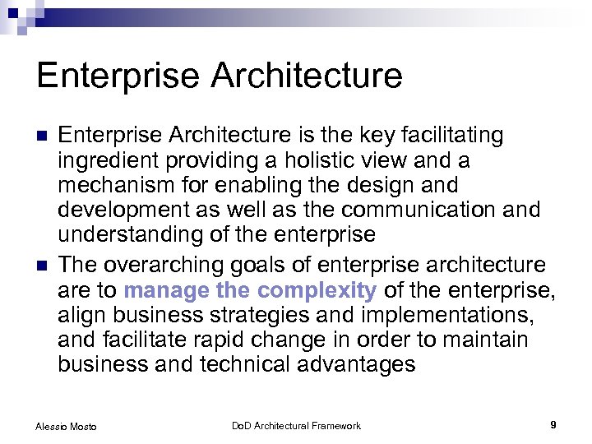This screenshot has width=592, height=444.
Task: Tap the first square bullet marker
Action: (43, 136)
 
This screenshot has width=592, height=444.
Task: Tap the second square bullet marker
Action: (43, 266)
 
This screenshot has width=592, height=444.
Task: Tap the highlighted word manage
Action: (166, 290)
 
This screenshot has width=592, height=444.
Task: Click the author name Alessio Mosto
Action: (65, 426)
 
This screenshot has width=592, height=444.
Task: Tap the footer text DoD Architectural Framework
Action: (296, 425)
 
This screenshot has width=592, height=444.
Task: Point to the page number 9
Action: (553, 425)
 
